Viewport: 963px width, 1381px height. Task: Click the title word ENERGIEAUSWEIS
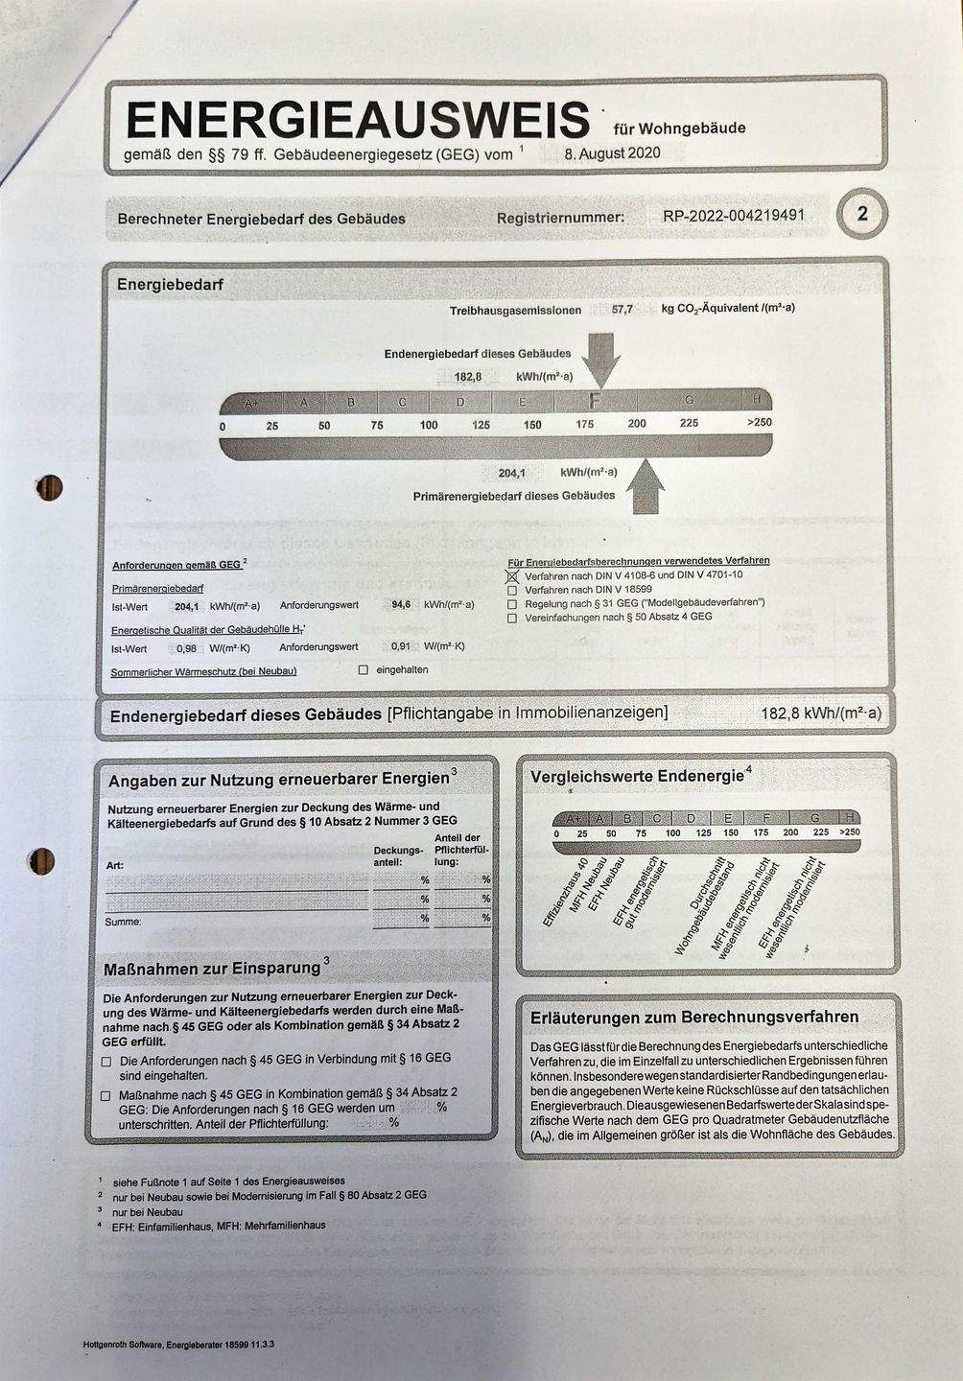coord(357,120)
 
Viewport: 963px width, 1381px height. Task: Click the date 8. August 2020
coord(612,153)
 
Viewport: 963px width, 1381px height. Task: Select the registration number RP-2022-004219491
coord(734,216)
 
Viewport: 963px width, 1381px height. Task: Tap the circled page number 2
coord(861,214)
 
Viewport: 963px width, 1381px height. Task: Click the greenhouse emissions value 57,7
coord(622,310)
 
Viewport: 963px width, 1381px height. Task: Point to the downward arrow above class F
coord(601,357)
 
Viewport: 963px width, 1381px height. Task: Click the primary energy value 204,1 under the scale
coord(511,473)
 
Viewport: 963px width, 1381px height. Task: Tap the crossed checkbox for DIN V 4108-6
coord(512,575)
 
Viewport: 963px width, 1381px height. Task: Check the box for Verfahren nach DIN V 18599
coord(512,590)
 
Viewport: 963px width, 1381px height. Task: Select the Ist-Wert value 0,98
coord(186,647)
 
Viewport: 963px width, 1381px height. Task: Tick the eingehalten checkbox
coord(363,670)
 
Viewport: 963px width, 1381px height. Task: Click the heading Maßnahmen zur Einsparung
coord(212,969)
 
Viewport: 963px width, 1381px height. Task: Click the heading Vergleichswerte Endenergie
coord(637,776)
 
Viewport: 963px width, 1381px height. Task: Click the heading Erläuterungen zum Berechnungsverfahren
coord(694,1017)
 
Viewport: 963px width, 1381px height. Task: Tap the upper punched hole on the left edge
coord(49,487)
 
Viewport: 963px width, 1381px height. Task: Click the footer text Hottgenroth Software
coord(123,1345)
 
